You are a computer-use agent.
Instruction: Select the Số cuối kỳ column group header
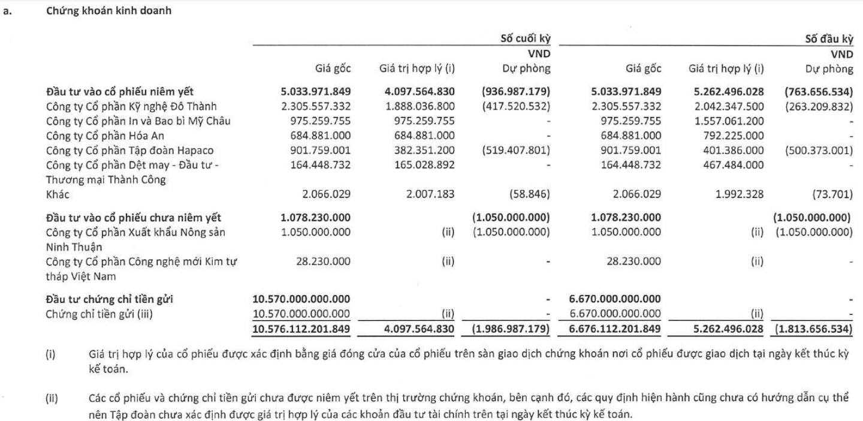point(526,38)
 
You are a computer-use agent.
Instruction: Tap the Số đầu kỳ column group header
point(829,38)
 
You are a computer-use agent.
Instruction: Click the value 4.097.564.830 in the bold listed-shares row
point(418,93)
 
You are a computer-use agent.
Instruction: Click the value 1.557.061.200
point(727,122)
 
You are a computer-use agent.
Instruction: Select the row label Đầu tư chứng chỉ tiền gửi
point(105,298)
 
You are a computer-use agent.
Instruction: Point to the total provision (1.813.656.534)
point(813,328)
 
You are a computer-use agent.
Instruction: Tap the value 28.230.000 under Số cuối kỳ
point(325,261)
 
